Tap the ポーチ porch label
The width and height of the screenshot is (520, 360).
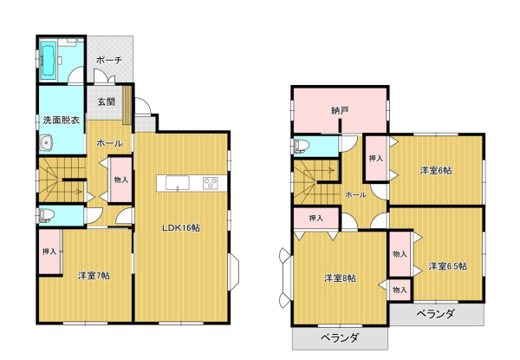pyautogui.click(x=109, y=60)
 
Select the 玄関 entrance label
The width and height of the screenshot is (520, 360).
pyautogui.click(x=106, y=101)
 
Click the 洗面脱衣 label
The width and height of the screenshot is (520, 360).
pyautogui.click(x=62, y=120)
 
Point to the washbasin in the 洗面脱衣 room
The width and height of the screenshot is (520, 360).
pyautogui.click(x=47, y=143)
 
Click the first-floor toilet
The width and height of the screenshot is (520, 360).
pyautogui.click(x=46, y=215)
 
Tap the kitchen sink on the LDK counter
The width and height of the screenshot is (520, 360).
pyautogui.click(x=178, y=183)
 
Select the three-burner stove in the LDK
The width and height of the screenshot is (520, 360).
pyautogui.click(x=211, y=183)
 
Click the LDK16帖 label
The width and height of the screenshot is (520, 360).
pyautogui.click(x=181, y=228)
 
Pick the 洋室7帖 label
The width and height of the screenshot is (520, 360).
pyautogui.click(x=94, y=275)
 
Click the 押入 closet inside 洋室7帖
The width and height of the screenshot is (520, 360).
pyautogui.click(x=49, y=252)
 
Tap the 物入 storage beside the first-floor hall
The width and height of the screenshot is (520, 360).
pyautogui.click(x=121, y=180)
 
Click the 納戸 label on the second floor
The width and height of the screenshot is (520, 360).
pyautogui.click(x=340, y=110)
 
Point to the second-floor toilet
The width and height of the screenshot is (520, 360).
pyautogui.click(x=302, y=146)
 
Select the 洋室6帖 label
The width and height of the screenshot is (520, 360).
pyautogui.click(x=436, y=171)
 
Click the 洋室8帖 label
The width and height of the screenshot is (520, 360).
pyautogui.click(x=340, y=278)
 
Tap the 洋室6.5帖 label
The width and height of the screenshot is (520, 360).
pyautogui.click(x=448, y=265)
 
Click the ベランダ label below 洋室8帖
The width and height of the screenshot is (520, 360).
pyautogui.click(x=340, y=337)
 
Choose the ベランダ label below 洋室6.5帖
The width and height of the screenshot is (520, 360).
pyautogui.click(x=436, y=313)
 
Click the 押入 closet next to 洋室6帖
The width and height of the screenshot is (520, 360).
pyautogui.click(x=376, y=158)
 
